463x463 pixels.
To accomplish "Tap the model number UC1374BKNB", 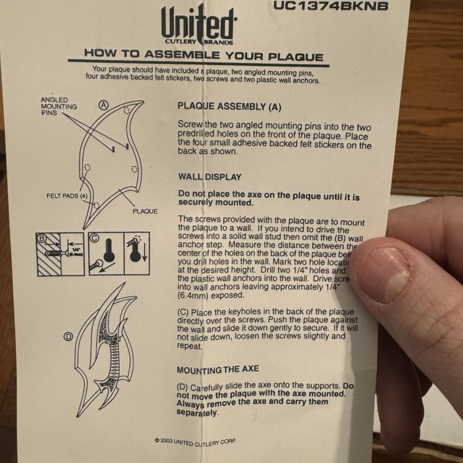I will [x=330, y=6].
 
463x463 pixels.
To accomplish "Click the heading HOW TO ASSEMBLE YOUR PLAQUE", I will [x=203, y=54].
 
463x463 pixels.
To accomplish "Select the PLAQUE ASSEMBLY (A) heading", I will [x=229, y=106].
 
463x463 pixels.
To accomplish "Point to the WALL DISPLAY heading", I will [x=209, y=177].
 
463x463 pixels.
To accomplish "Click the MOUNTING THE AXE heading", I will [x=218, y=369].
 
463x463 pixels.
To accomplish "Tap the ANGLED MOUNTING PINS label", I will [x=58, y=106].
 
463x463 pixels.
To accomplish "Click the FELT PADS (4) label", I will [x=67, y=196].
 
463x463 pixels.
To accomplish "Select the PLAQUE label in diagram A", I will [x=145, y=211].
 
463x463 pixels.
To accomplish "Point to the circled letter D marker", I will [x=68, y=337].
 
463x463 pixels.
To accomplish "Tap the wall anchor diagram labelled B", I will [x=60, y=254].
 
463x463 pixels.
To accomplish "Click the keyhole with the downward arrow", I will [x=136, y=254].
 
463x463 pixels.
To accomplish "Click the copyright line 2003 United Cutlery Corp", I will [x=195, y=441].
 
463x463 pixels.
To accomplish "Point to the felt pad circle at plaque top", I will [x=126, y=110].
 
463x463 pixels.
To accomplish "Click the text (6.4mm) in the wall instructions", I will [x=193, y=295].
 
